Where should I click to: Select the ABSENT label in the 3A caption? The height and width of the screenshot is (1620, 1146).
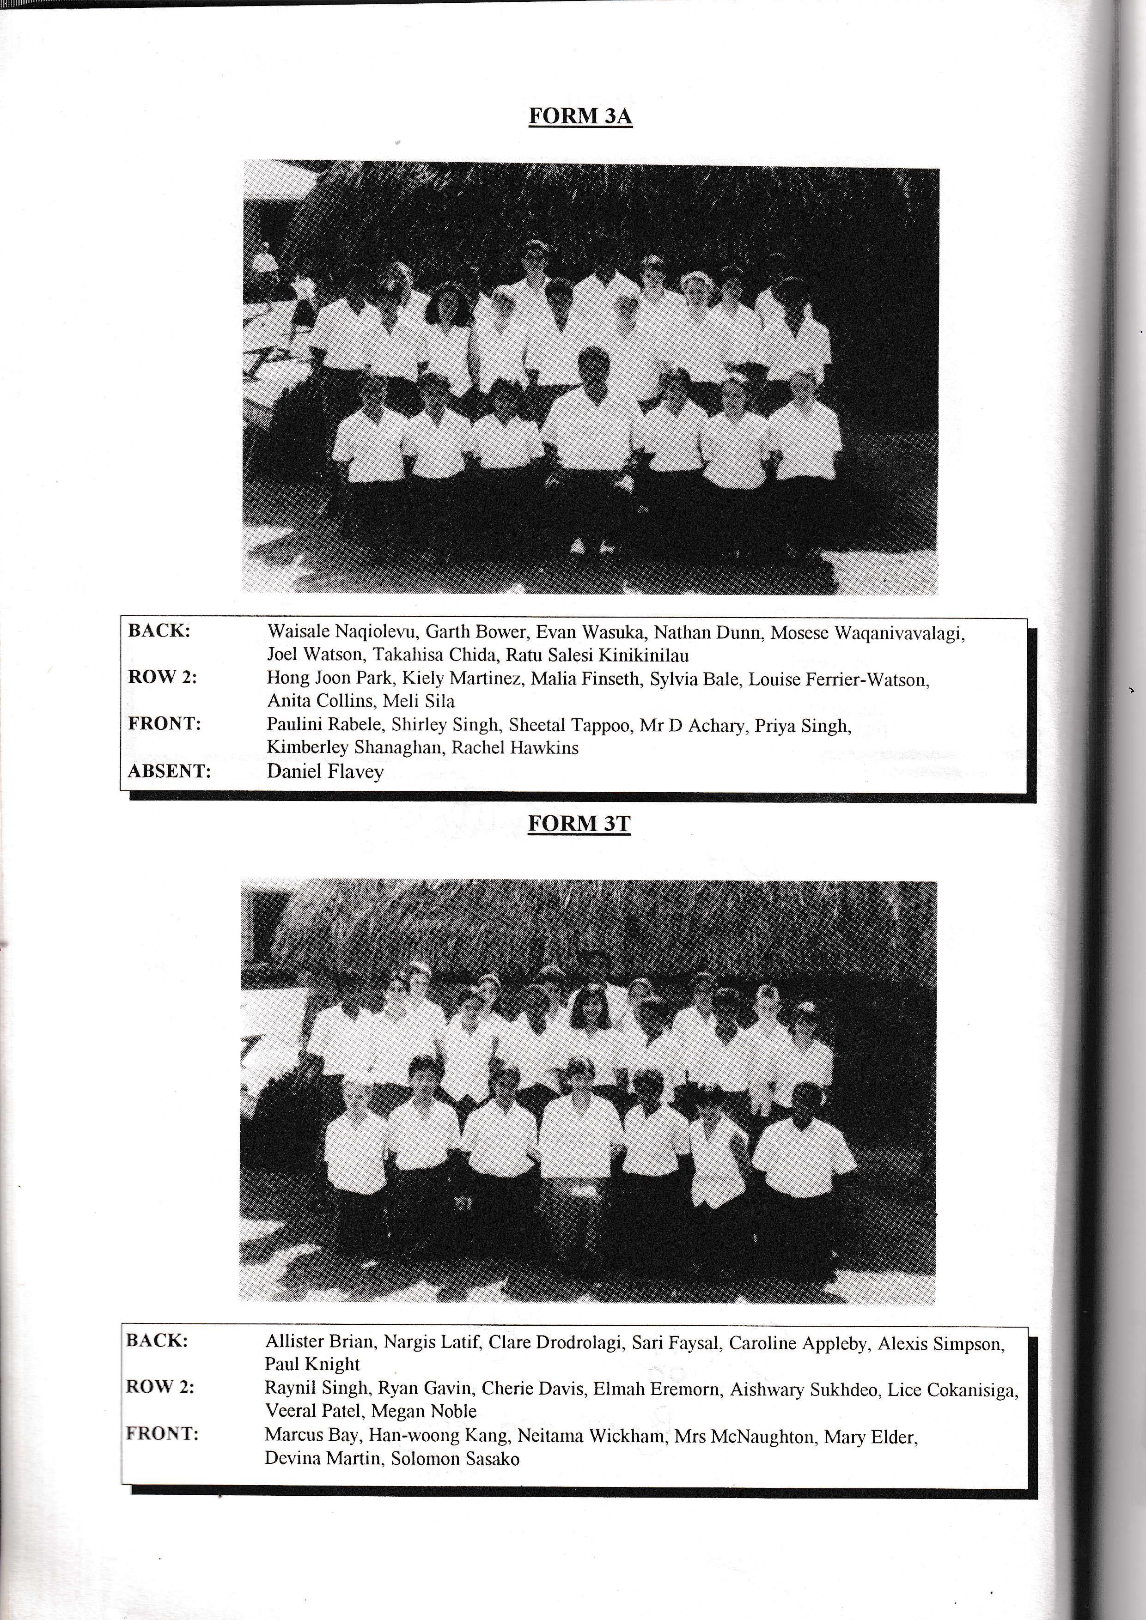[170, 771]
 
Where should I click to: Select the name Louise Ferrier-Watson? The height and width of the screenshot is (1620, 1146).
[838, 680]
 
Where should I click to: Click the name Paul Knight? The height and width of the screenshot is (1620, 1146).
[312, 1364]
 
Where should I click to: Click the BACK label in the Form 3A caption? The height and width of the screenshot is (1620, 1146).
[159, 631]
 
